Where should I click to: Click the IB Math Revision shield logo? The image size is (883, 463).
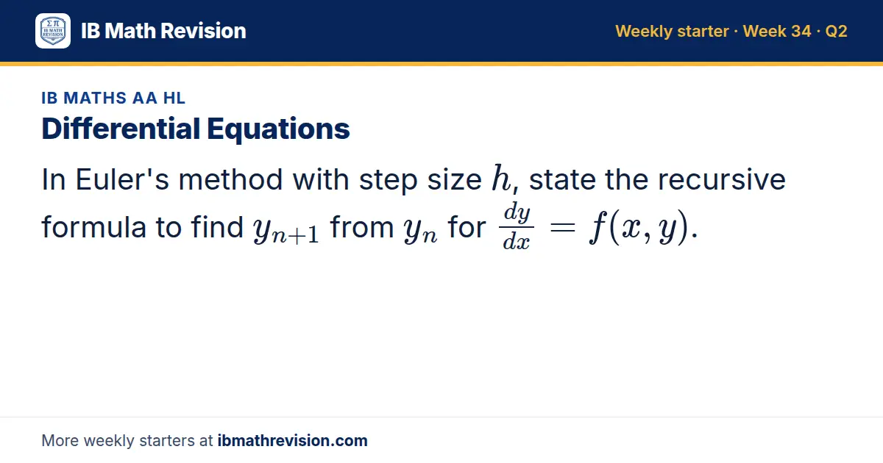[x=53, y=31]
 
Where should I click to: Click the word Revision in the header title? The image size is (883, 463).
[x=203, y=31]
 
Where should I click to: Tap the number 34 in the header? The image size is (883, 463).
[x=801, y=31]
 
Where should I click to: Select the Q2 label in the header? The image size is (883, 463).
[x=836, y=31]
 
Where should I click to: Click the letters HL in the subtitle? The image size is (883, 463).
[x=174, y=98]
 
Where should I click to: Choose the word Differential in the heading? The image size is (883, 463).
[x=121, y=129]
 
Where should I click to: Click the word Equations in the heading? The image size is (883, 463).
[x=278, y=129]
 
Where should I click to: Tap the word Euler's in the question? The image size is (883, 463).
[x=122, y=179]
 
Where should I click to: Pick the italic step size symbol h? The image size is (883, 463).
[x=501, y=178]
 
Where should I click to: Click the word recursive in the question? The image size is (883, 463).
[x=721, y=179]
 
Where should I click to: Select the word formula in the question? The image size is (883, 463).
[x=94, y=227]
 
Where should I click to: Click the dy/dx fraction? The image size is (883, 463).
[x=517, y=227]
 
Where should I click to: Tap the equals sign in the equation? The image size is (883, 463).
[x=563, y=228]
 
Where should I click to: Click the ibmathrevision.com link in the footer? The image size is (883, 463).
[x=293, y=440]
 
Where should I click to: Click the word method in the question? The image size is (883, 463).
[x=230, y=179]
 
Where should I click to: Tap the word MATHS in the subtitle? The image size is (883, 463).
[x=95, y=98]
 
